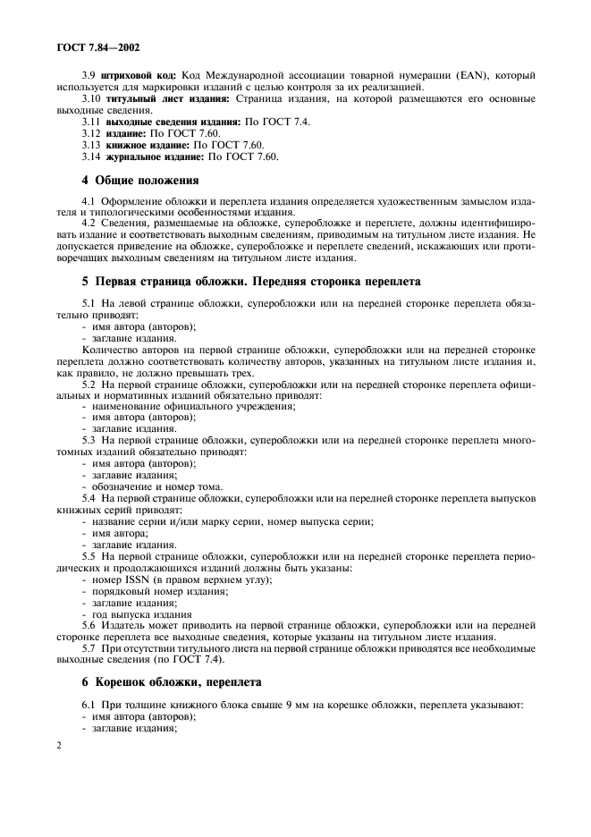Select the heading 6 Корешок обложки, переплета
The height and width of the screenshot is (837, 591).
pos(172,681)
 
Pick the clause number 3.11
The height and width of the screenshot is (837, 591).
pos(91,121)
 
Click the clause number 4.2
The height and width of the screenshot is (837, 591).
pos(88,222)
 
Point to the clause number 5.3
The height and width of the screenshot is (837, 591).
pos(88,441)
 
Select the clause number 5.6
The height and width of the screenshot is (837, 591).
pos(88,625)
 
